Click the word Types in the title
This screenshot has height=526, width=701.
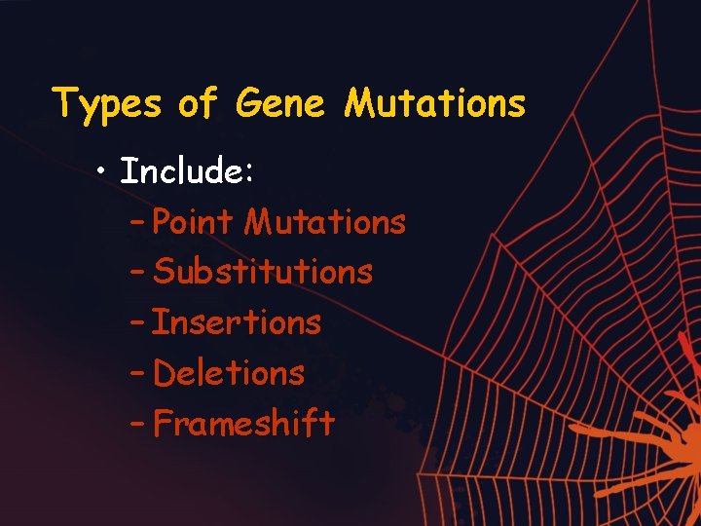107,103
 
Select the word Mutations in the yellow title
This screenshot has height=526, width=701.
434,103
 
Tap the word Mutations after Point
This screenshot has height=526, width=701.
324,222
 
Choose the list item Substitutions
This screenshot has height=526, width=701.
263,272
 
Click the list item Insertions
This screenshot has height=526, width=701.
237,322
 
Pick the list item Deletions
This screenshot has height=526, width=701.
230,373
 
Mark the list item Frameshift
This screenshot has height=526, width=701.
244,424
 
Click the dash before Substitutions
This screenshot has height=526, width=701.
137,273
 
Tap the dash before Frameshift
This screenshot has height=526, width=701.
137,425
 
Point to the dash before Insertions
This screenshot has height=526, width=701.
137,323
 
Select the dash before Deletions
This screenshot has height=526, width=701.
137,374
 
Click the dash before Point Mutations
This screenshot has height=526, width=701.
137,223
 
